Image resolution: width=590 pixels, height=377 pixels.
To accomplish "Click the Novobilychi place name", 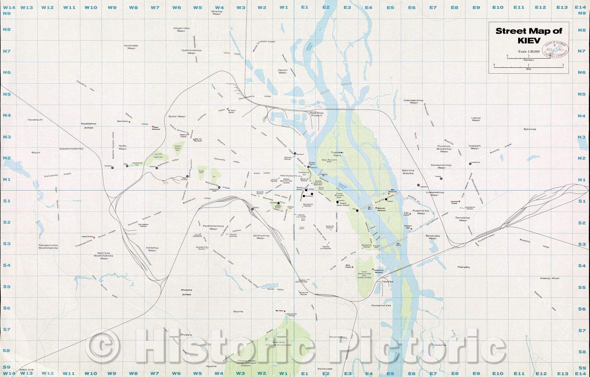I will [x=35, y=120].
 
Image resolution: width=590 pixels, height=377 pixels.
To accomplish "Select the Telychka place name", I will [x=388, y=282].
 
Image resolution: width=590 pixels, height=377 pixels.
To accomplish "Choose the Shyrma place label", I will [x=238, y=311].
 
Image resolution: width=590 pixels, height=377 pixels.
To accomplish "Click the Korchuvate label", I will [x=324, y=369].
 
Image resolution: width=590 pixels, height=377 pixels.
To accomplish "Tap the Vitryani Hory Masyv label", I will [x=181, y=29].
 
